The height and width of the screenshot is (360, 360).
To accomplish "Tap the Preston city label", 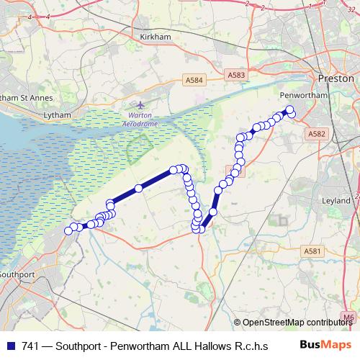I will pyautogui.click(x=336, y=78).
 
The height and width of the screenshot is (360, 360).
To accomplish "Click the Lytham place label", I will pyautogui.click(x=58, y=114).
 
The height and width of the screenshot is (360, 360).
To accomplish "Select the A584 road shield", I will pyautogui.click(x=193, y=80).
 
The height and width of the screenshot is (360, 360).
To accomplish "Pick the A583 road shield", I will pyautogui.click(x=235, y=74).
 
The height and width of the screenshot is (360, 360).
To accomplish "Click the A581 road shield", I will pyautogui.click(x=311, y=251).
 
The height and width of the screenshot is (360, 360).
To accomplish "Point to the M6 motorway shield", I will pyautogui.click(x=349, y=316).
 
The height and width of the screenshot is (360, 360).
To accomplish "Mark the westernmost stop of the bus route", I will pyautogui.click(x=69, y=230).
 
